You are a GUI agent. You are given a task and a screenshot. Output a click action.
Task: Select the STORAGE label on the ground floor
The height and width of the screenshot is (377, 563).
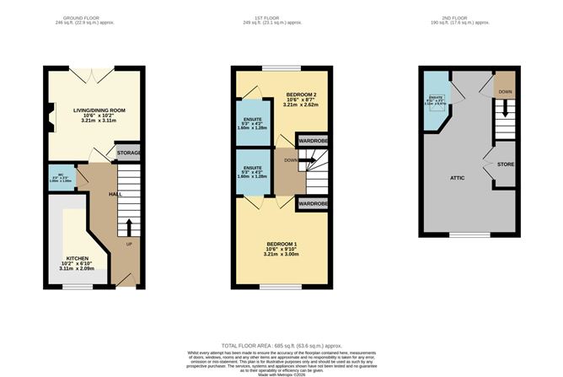pyautogui.click(x=129, y=153)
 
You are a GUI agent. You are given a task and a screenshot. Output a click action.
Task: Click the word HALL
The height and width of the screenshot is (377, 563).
pyautogui.click(x=116, y=194)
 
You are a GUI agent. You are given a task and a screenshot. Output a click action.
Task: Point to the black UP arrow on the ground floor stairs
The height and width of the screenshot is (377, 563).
pyautogui.click(x=129, y=228)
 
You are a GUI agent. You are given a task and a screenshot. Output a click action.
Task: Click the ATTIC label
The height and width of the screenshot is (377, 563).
pyautogui.click(x=457, y=178)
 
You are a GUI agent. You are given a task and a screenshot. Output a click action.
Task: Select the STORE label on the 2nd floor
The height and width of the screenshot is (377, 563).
pyautogui.click(x=506, y=163)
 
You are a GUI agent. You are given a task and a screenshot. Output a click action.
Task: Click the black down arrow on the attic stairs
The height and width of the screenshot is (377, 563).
pyautogui.click(x=505, y=110)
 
